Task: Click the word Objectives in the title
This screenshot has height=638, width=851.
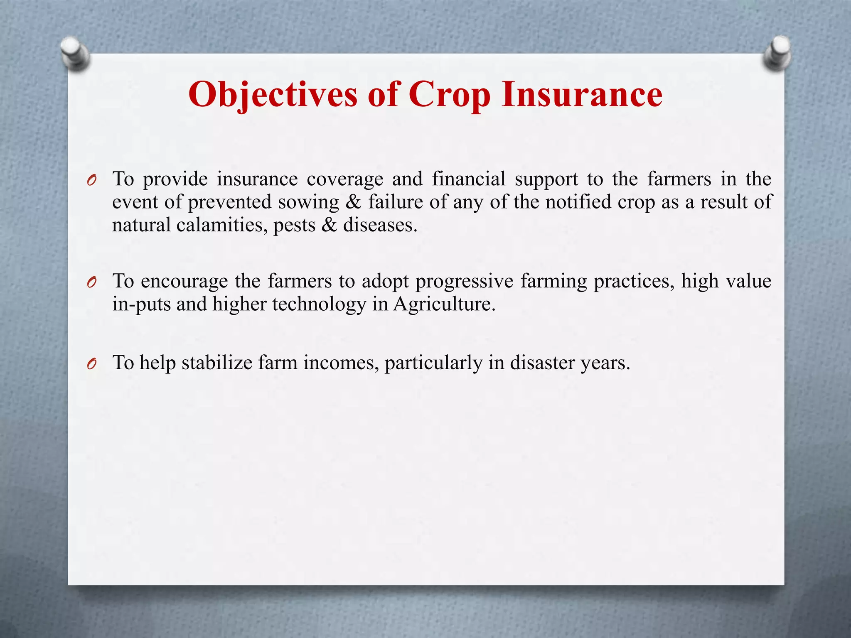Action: tap(273, 95)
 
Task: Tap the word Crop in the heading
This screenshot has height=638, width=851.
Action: tap(449, 95)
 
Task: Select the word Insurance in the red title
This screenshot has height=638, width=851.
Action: tap(582, 95)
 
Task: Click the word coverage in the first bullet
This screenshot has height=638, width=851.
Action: tap(344, 179)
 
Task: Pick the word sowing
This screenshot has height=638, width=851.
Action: tap(308, 202)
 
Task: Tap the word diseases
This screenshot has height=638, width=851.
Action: tap(380, 225)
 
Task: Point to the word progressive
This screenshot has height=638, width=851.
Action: tap(464, 282)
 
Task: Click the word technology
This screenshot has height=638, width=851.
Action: tap(319, 304)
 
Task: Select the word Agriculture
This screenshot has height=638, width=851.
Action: tap(444, 304)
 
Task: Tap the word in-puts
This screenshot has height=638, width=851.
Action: tap(141, 304)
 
